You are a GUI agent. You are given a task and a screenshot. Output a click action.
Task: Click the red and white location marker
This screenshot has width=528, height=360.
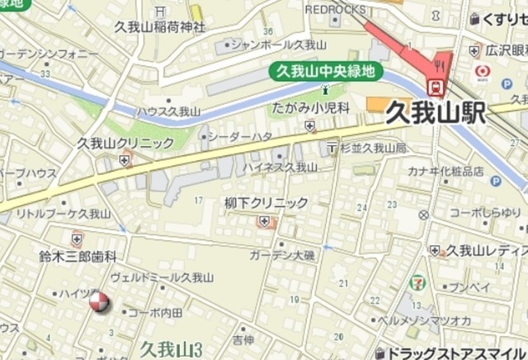98,303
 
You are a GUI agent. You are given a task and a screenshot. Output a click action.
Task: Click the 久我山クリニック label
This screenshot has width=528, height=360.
125,142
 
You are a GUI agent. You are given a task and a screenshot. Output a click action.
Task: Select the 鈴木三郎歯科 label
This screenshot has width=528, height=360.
78,257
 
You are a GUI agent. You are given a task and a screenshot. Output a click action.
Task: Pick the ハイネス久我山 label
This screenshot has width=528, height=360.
280,167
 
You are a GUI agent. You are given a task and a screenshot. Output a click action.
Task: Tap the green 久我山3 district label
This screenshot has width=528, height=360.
171,348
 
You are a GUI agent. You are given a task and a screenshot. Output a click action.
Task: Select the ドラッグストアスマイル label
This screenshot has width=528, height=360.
458,353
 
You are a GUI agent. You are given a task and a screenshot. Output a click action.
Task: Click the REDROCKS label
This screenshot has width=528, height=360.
334,8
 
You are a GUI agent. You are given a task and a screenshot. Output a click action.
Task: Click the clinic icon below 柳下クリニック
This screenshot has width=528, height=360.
264,221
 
